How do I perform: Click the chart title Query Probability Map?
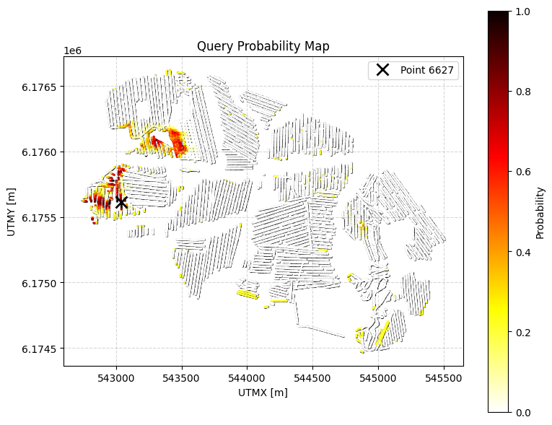click(x=263, y=47)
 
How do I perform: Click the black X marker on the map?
click(x=121, y=203)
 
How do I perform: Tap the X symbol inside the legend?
click(x=382, y=70)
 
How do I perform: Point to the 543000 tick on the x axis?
click(x=116, y=366)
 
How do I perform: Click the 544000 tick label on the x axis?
click(x=247, y=377)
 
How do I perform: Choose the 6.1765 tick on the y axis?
click(x=63, y=87)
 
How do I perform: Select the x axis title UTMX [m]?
click(x=263, y=393)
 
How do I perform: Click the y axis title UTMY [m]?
click(x=12, y=211)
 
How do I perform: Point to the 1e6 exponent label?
click(x=73, y=51)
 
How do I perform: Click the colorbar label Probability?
click(x=540, y=212)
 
